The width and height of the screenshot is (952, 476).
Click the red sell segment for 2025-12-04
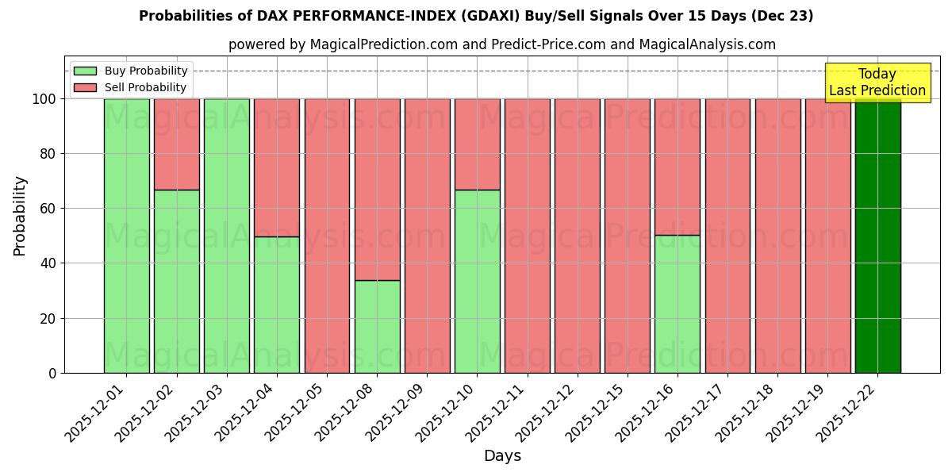(x=277, y=167)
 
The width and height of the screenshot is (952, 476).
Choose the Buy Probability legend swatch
(x=85, y=71)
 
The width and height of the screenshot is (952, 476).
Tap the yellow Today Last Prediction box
(x=877, y=83)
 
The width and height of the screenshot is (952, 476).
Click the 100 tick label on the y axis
(x=43, y=99)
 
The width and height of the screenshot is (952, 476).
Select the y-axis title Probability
(x=20, y=216)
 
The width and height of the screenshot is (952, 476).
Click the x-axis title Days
(x=502, y=456)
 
